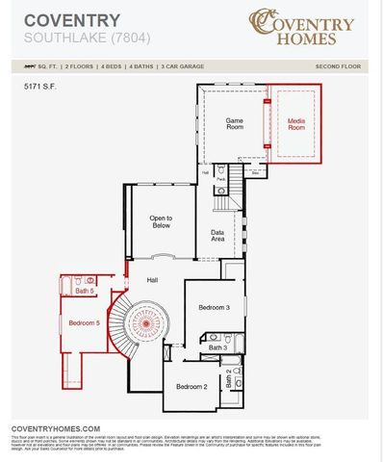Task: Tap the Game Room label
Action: pyautogui.click(x=234, y=124)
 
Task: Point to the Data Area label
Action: pyautogui.click(x=217, y=235)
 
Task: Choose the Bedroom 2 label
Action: pyautogui.click(x=191, y=386)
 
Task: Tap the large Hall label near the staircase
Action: pyautogui.click(x=152, y=279)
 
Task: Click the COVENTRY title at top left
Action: pyautogui.click(x=59, y=19)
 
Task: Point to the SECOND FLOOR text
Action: pyautogui.click(x=337, y=66)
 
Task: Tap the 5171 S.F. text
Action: pyautogui.click(x=42, y=87)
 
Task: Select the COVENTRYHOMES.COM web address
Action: pyautogui.click(x=56, y=428)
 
